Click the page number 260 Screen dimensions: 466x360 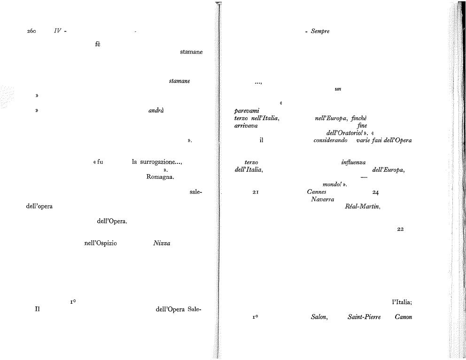coord(31,31)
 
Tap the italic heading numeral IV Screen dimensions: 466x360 coord(58,31)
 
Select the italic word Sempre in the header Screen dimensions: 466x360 coord(320,31)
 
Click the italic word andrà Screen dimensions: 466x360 coord(156,110)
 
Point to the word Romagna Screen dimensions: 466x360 coord(160,177)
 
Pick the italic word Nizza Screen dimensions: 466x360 coord(162,243)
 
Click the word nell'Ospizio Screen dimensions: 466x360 coord(101,244)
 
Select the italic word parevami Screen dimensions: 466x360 coord(247,111)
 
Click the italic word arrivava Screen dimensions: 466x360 coord(246,126)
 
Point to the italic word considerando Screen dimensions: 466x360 coord(331,140)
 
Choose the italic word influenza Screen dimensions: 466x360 coord(353,162)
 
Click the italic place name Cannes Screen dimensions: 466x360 coord(317,192)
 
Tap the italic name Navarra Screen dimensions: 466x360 coord(322,199)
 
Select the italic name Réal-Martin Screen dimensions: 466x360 coord(363,207)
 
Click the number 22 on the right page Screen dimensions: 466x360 coord(400,229)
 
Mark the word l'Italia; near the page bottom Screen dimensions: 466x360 coord(402,302)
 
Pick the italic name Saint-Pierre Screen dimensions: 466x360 coord(364,317)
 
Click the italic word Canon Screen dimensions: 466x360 coord(404,317)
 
